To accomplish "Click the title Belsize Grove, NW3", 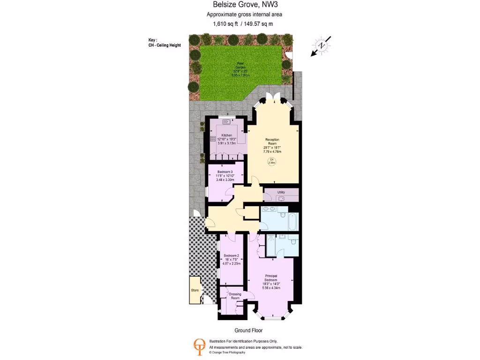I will pos(241,5).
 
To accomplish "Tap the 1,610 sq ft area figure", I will pos(225,24).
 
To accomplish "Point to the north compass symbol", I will pos(322,45).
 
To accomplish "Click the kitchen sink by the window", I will pos(227,121).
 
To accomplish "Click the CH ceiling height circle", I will pos(271,161).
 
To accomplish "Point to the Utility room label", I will pos(281,192).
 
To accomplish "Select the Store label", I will pos(195,290).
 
